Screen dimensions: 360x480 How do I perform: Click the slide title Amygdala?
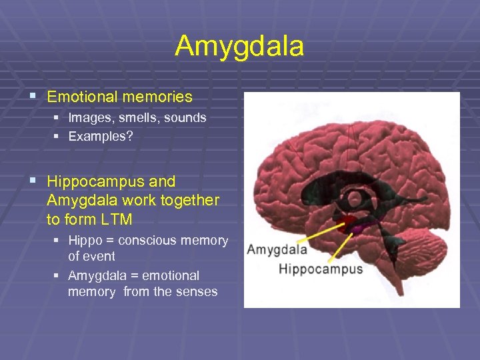[x=239, y=47]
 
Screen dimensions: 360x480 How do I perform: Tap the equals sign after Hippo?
[x=111, y=241]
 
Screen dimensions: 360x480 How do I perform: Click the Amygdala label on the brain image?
[x=277, y=250]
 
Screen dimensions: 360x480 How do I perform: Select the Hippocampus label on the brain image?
[x=321, y=269]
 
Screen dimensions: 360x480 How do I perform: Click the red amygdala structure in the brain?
[x=345, y=223]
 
